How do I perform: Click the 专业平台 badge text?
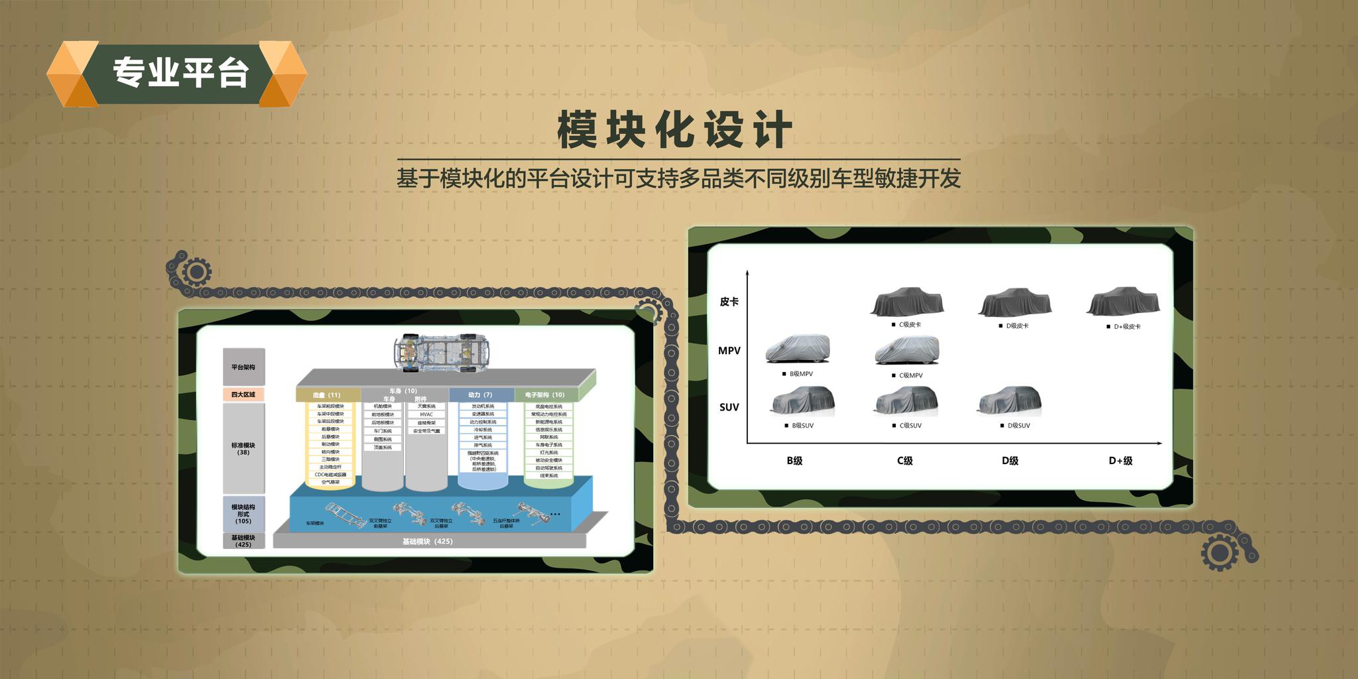180,72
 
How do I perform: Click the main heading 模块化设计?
674,130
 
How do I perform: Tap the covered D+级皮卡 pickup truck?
1123,302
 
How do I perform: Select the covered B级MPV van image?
797,348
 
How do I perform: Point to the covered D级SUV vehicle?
1010,400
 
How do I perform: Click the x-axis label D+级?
1120,461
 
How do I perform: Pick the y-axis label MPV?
729,351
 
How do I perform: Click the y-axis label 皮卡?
729,302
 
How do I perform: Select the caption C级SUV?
910,426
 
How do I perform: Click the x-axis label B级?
794,461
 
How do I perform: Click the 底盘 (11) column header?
327,395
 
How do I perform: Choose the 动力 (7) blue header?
480,395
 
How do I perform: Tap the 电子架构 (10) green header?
544,395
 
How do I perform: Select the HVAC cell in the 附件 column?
426,414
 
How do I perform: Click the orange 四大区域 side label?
243,395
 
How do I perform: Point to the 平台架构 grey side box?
243,367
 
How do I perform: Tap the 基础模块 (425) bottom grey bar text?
428,542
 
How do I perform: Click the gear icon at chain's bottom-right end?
1219,553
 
